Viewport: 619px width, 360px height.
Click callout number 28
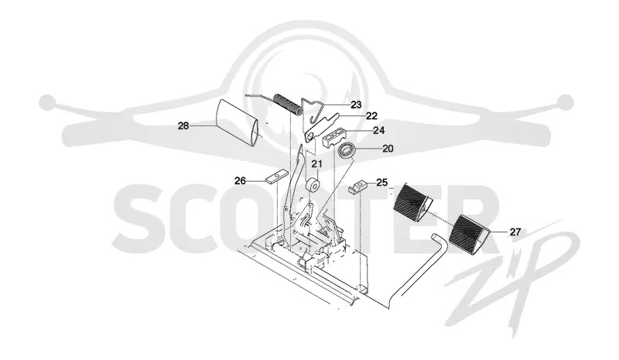(x=183, y=126)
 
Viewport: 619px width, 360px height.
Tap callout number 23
(x=356, y=105)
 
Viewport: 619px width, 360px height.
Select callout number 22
(x=371, y=116)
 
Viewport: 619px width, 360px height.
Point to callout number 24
(x=378, y=130)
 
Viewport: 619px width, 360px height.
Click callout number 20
(x=388, y=149)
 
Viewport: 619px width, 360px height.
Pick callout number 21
(x=316, y=163)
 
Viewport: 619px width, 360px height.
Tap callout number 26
(x=240, y=181)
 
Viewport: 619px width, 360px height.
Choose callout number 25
(x=381, y=182)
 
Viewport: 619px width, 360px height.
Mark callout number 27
(x=515, y=232)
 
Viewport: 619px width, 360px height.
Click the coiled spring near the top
(x=287, y=104)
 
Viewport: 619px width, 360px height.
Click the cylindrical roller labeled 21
(x=314, y=185)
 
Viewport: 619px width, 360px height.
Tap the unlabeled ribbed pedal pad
(x=414, y=201)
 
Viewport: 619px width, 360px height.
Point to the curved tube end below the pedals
(x=438, y=242)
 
